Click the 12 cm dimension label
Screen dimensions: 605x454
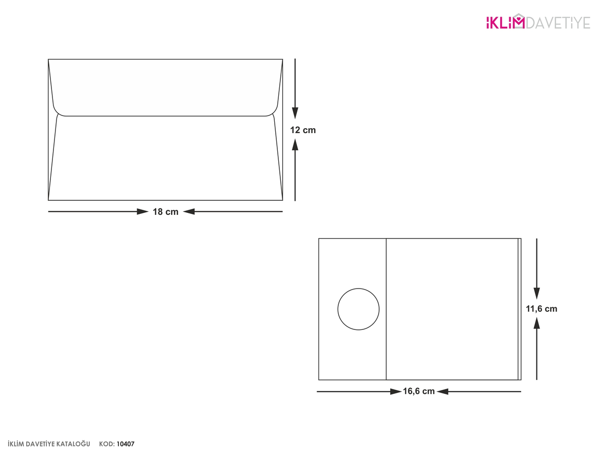(x=302, y=130)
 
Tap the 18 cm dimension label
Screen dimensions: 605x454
(x=165, y=212)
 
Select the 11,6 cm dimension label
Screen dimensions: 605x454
(x=541, y=309)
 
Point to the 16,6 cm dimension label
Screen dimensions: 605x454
(x=418, y=391)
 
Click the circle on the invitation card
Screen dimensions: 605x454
(x=358, y=289)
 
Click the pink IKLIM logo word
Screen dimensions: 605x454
(x=502, y=22)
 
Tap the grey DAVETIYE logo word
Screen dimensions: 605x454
(x=558, y=23)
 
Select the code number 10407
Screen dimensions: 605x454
(x=126, y=444)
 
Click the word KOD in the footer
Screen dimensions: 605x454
(x=107, y=444)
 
